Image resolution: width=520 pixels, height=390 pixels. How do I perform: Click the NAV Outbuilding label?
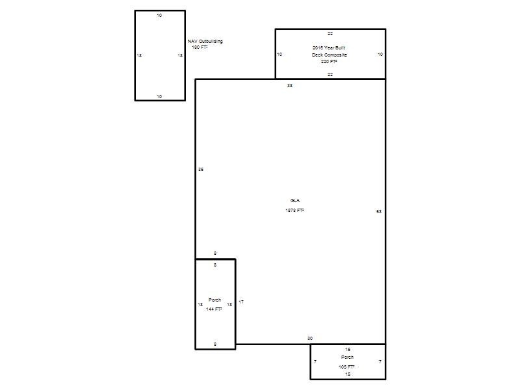point(205,42)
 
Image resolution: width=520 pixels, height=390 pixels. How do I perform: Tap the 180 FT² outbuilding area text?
point(200,47)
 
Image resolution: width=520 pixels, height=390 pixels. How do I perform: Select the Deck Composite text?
point(330,55)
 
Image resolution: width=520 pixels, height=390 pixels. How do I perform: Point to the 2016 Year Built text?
point(329,47)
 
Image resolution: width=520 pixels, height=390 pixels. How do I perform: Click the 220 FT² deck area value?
point(329,62)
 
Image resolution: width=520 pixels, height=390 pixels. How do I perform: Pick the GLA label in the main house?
point(295,201)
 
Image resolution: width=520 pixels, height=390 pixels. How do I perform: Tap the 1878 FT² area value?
point(295,210)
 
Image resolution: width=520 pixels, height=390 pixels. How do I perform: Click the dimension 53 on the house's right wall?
point(379,212)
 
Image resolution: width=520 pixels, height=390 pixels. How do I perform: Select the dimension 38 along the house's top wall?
point(290,86)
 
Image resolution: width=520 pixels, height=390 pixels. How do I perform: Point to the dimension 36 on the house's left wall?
point(201,170)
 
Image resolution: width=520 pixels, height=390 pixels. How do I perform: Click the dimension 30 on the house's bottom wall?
point(310,339)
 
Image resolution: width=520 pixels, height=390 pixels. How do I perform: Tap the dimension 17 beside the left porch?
point(241,302)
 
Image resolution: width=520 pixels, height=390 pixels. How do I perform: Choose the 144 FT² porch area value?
point(214,309)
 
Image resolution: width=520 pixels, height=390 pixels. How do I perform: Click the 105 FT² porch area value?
point(346,367)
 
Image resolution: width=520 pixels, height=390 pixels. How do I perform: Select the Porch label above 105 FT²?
point(347,357)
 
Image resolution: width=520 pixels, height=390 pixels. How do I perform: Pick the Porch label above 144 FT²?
point(214,300)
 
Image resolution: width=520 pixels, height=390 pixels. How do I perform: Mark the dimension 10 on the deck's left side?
point(279,55)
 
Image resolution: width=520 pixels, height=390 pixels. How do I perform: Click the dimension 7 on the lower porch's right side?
point(380,362)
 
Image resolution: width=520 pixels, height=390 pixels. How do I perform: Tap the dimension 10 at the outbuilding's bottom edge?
point(159,97)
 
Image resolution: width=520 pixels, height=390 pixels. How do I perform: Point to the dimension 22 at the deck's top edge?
point(330,34)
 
